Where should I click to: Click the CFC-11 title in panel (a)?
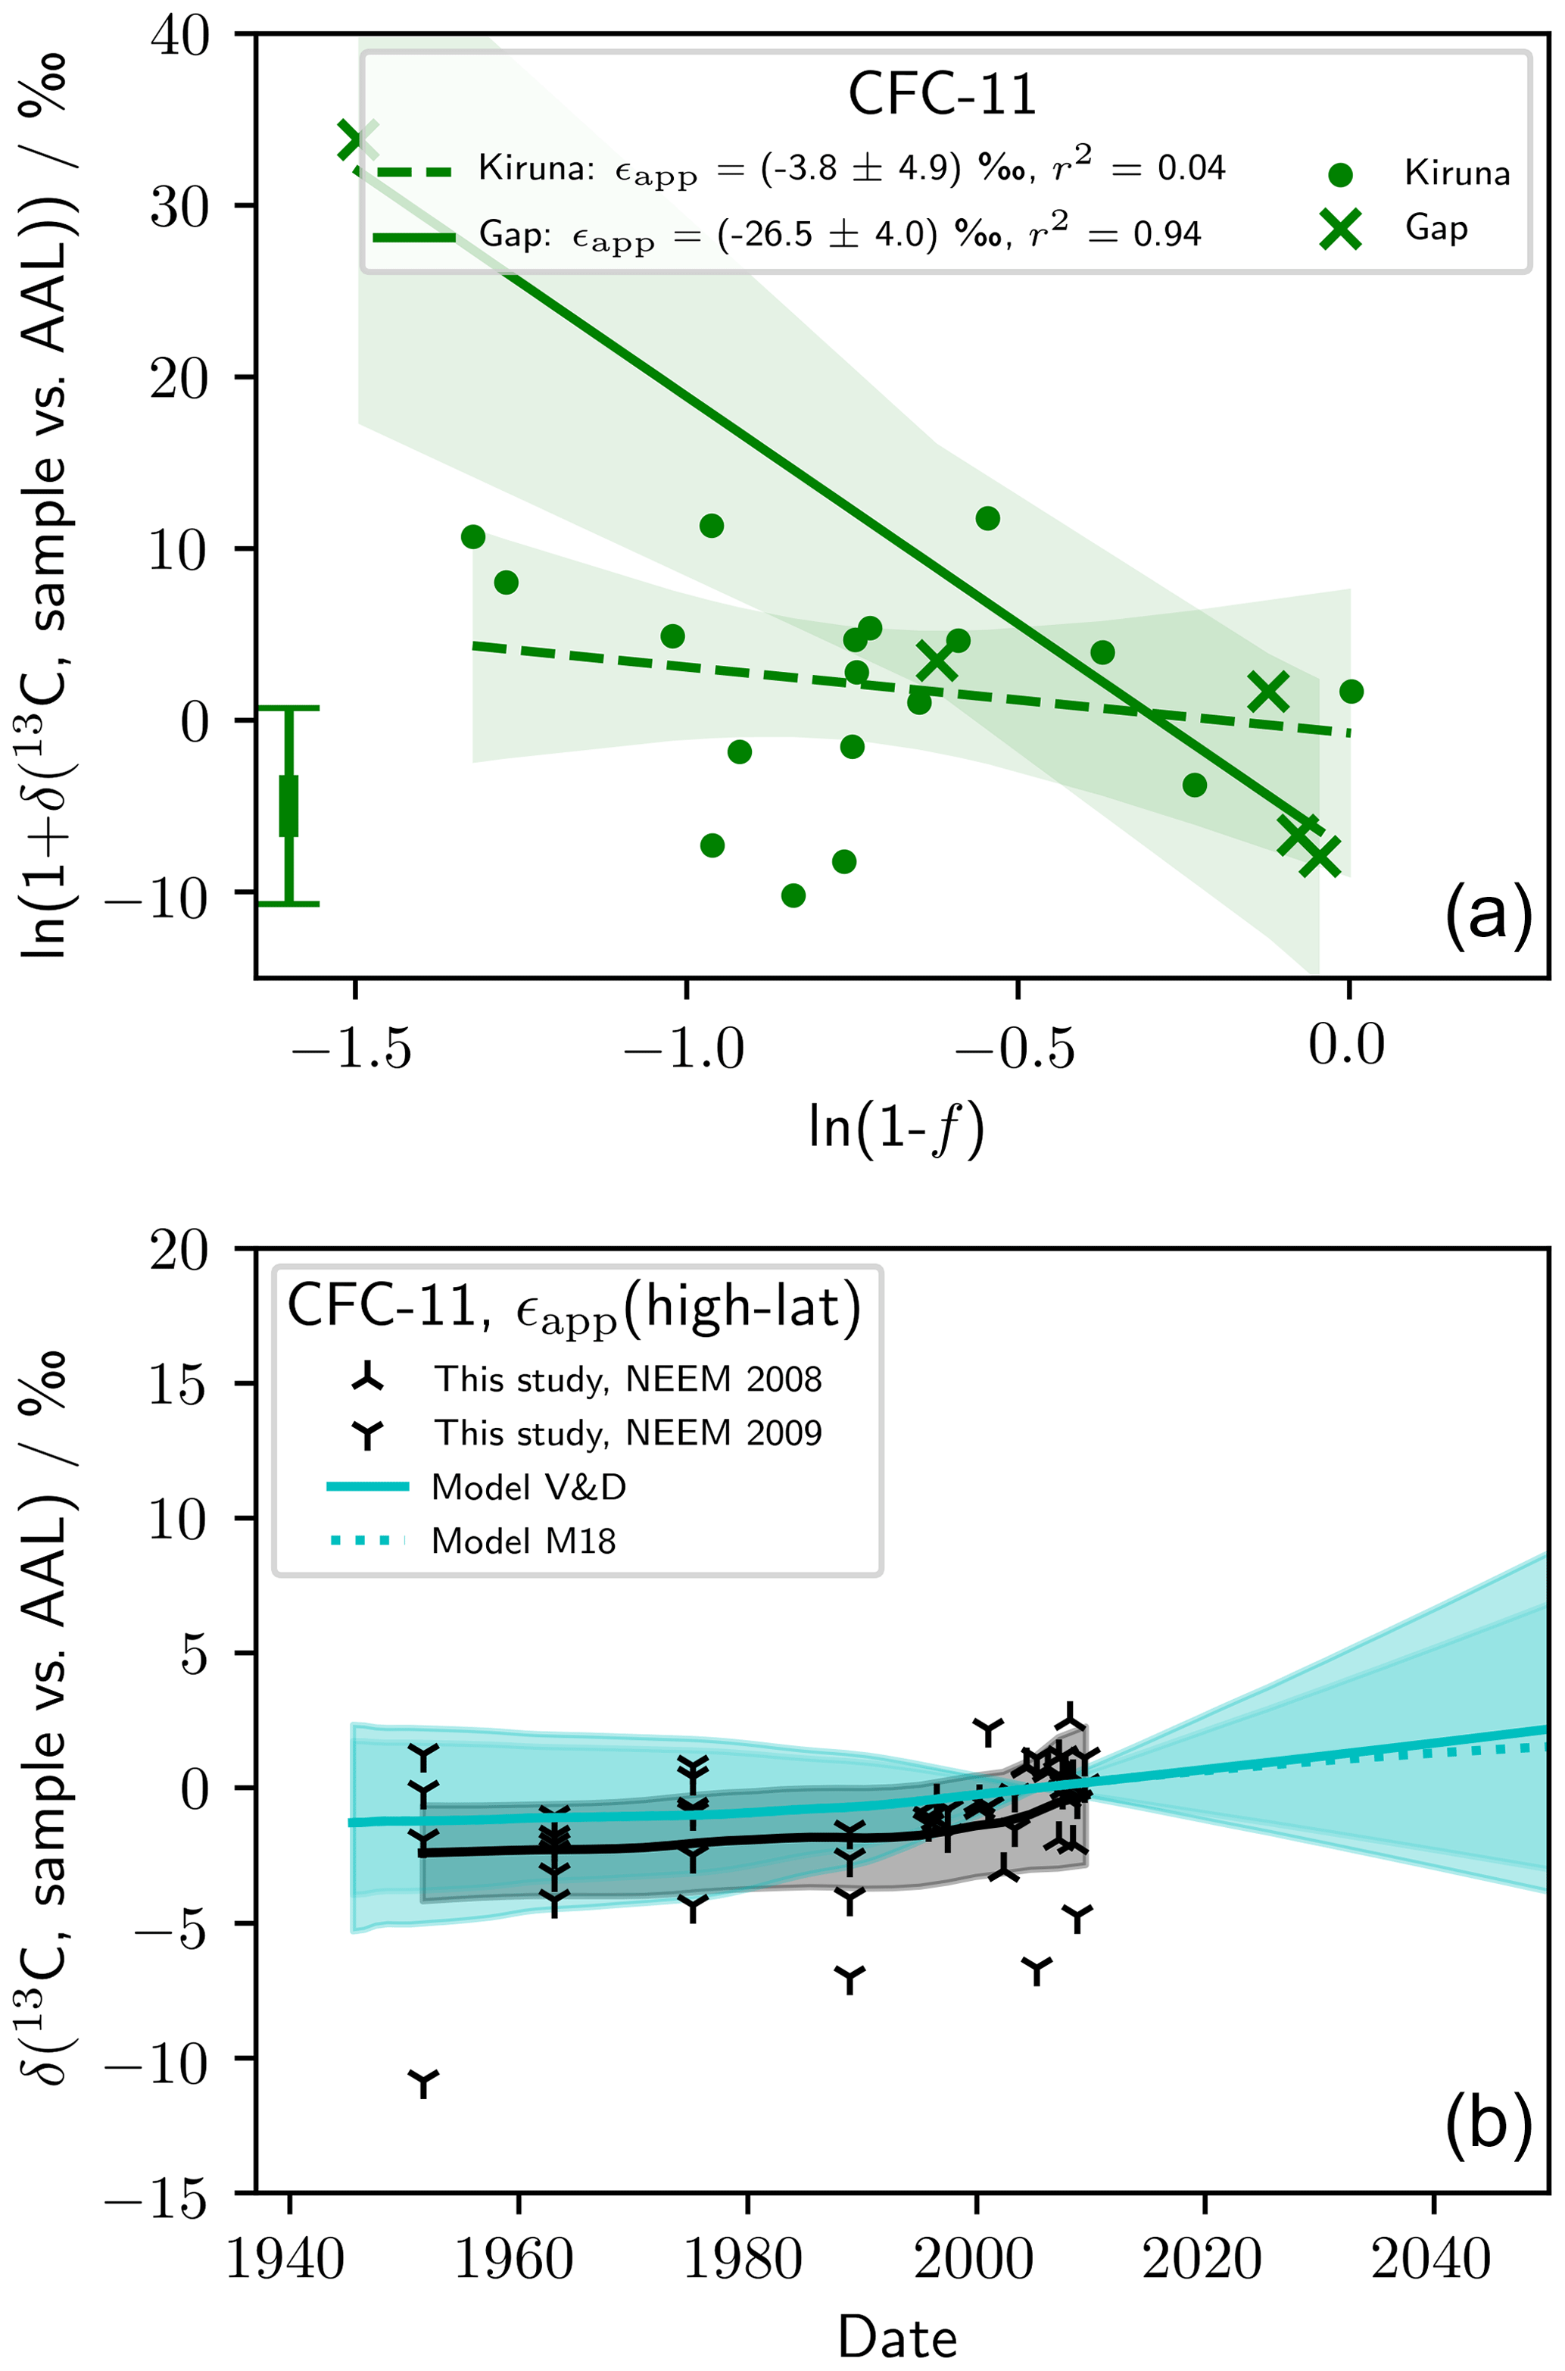pos(942,95)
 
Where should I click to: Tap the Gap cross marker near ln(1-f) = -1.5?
pos(357,141)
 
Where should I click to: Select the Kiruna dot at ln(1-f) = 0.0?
pos(1351,691)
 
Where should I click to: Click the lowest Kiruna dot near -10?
pos(793,895)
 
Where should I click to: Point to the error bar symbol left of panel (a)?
pos(288,806)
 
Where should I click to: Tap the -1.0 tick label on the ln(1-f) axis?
pos(684,1049)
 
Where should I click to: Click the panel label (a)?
pos(1487,914)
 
